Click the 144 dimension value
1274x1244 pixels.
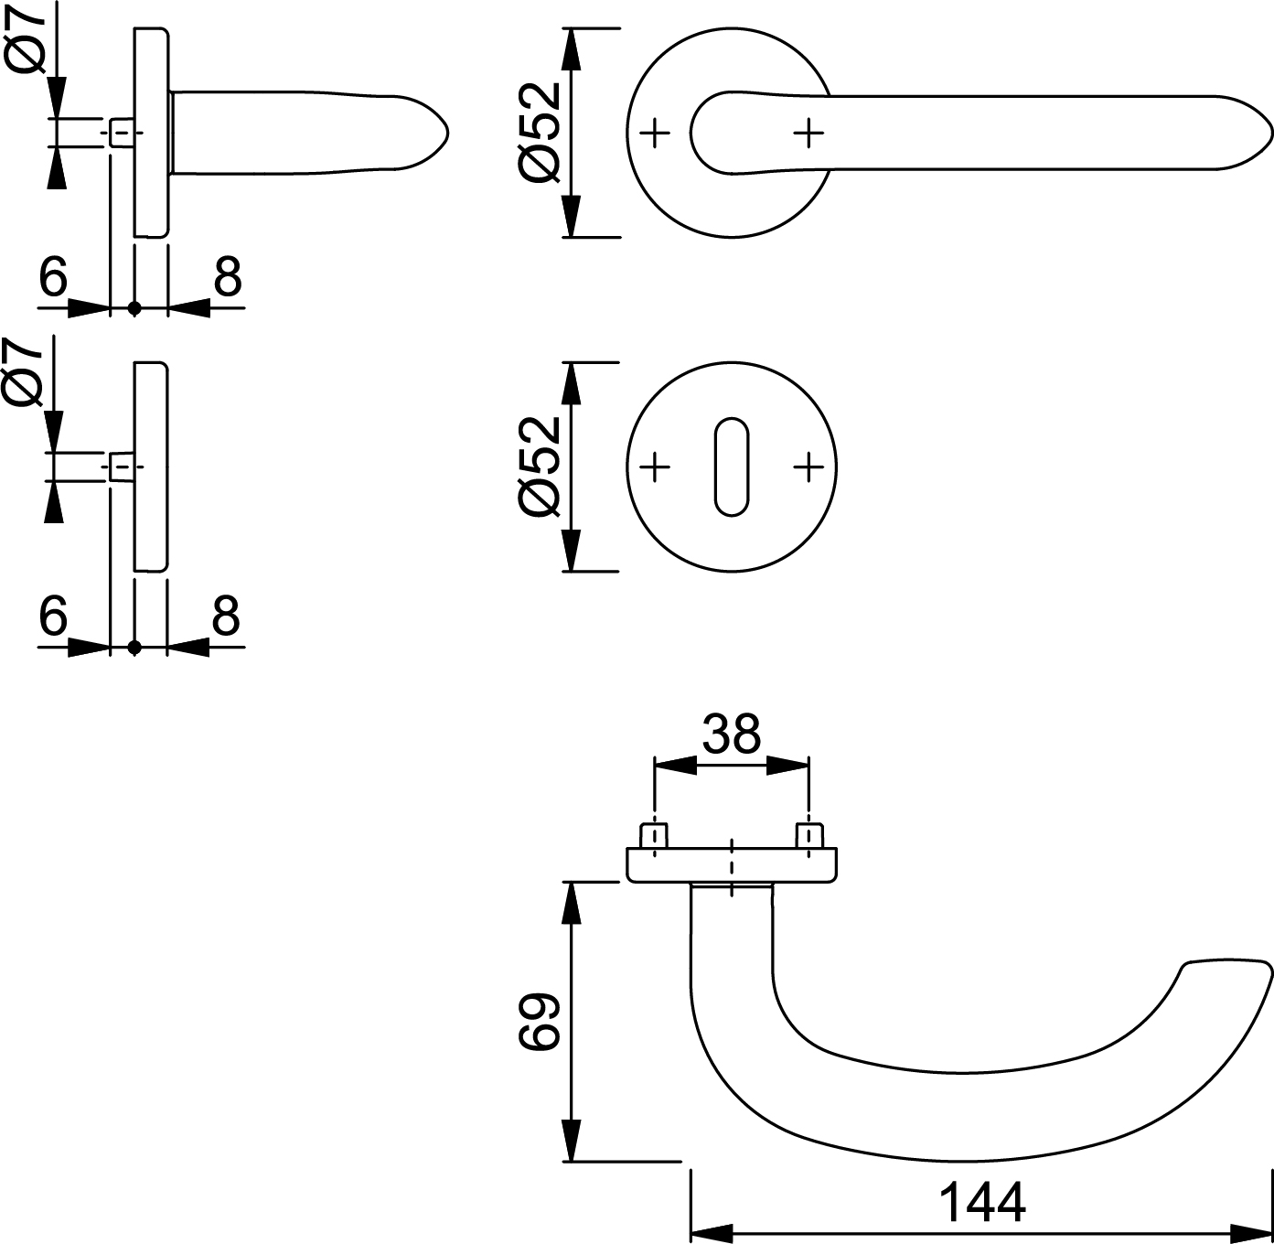point(982,1202)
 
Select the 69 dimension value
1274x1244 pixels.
point(540,1022)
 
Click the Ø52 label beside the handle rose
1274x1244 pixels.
point(540,133)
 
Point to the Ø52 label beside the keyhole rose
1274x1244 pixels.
point(540,466)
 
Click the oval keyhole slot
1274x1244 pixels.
point(732,466)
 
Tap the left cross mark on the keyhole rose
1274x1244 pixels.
point(654,466)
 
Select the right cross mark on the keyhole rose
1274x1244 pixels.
point(809,466)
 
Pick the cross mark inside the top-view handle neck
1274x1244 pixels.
point(809,134)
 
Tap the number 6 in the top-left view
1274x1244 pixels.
point(53,276)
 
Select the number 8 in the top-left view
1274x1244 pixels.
point(228,276)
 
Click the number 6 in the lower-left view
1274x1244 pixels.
point(53,615)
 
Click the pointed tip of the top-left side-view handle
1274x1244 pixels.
point(448,134)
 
